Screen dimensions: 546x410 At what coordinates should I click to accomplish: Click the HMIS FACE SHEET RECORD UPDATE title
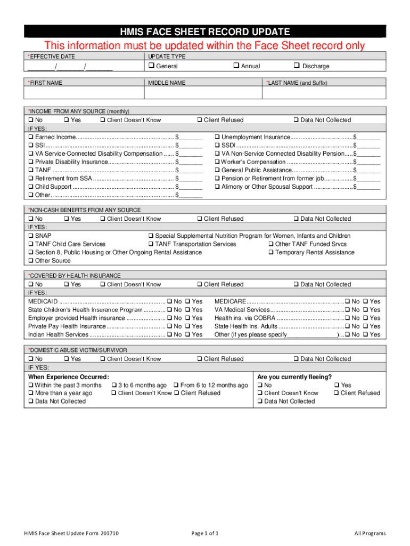[205, 31]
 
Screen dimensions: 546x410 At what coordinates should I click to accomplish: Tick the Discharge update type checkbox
[297, 66]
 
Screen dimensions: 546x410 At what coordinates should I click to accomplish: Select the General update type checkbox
[151, 66]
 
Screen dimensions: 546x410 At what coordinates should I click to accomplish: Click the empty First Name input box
[84, 93]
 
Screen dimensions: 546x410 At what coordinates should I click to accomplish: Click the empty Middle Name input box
[203, 93]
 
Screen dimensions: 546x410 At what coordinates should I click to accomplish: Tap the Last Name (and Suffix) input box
[324, 93]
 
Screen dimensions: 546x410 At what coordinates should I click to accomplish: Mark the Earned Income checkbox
[31, 137]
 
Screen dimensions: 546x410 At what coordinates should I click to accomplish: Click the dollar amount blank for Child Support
[192, 187]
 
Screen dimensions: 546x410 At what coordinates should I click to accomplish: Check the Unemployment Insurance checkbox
[217, 137]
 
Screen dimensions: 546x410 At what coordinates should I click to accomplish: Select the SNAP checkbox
[31, 236]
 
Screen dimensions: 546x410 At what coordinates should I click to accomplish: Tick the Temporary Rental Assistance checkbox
[271, 252]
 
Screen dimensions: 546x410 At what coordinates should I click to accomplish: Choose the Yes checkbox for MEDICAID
[187, 301]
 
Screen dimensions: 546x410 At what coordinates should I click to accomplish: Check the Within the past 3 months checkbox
[31, 385]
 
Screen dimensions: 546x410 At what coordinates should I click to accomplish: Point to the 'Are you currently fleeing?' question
[294, 376]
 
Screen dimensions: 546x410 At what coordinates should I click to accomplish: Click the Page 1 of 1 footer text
[204, 533]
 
